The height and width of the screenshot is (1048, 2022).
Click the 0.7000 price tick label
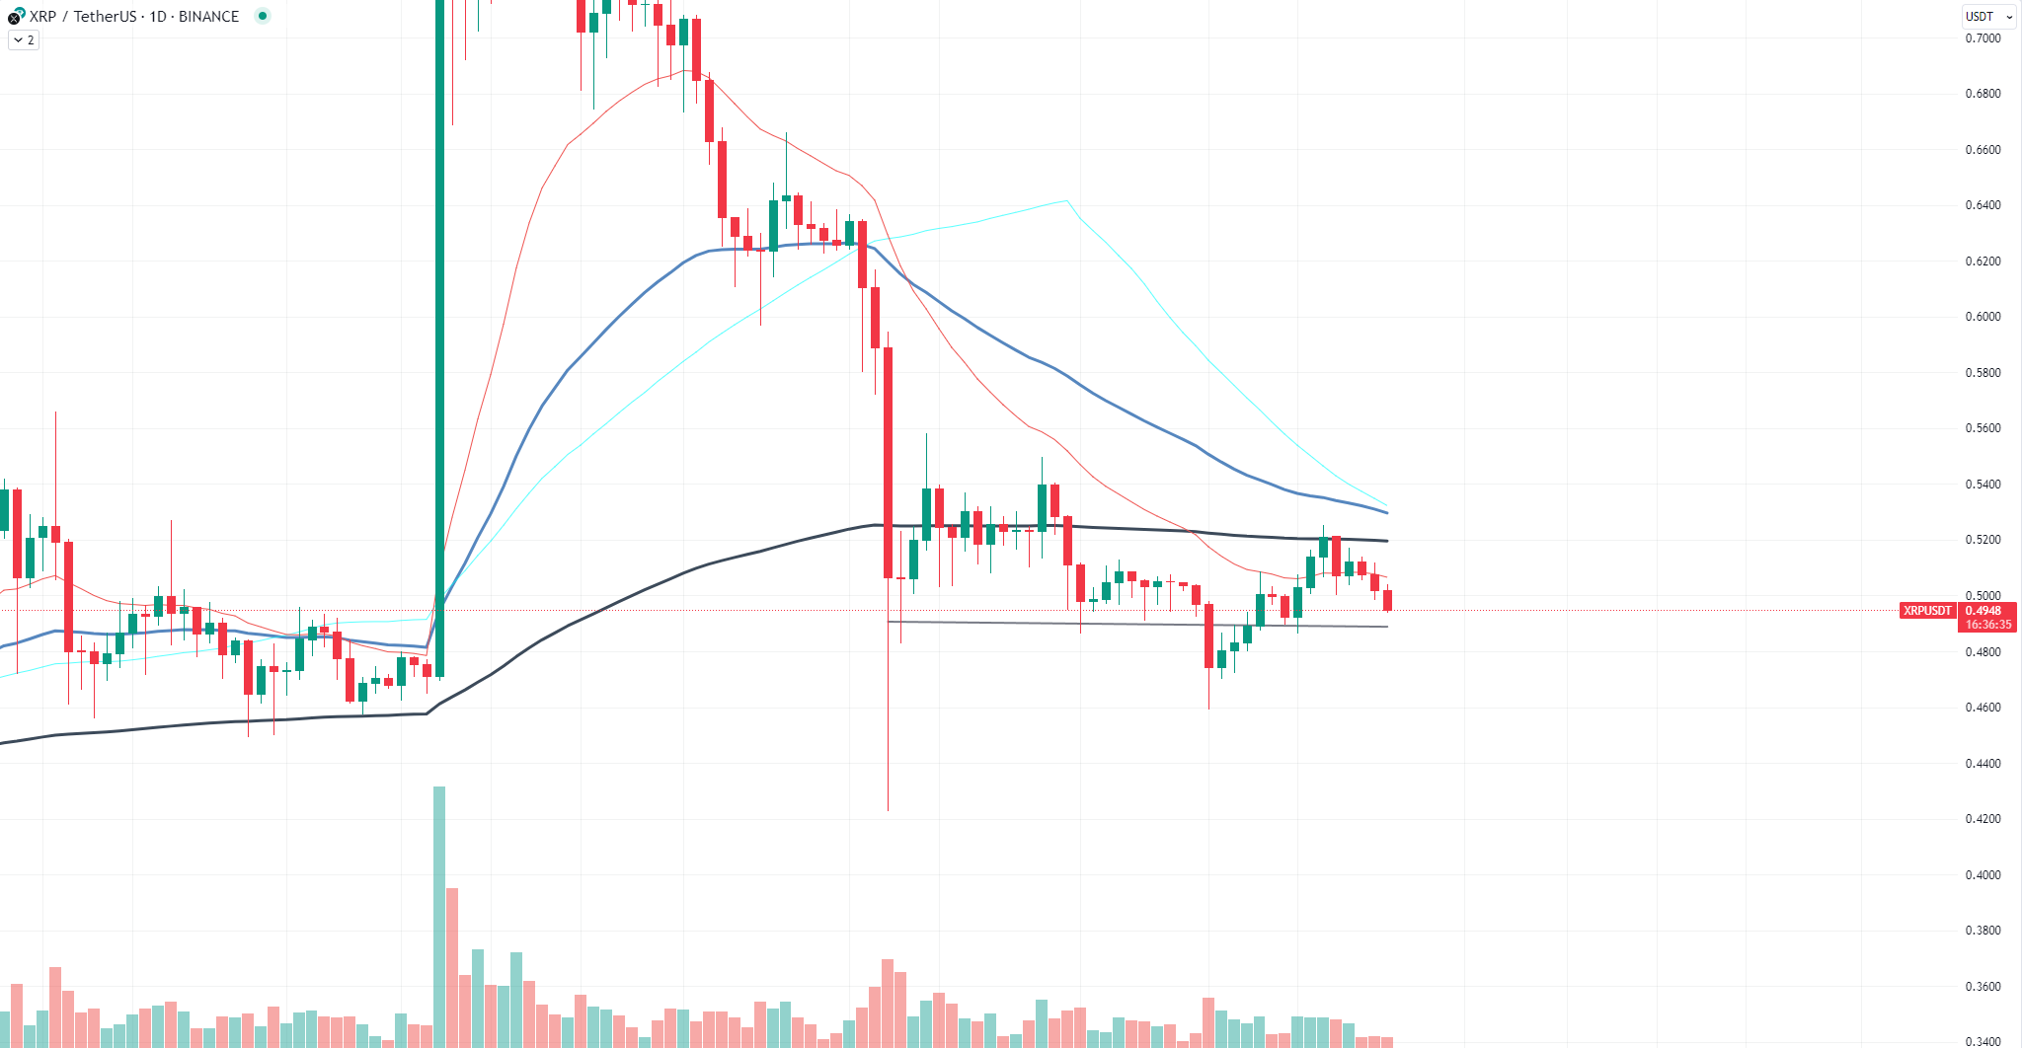[x=1983, y=38]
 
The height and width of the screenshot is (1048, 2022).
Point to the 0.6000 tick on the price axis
[x=1983, y=317]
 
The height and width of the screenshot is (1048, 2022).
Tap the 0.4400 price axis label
[x=1983, y=764]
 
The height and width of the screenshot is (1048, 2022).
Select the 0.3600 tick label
[x=1983, y=987]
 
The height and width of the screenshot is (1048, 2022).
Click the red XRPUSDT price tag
[x=1927, y=611]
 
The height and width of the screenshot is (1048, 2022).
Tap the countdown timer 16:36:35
[x=1987, y=625]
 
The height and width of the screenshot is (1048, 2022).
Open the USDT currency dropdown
[x=1988, y=16]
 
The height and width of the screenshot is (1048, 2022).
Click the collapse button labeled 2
[x=24, y=40]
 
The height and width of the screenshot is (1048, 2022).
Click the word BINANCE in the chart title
[x=208, y=16]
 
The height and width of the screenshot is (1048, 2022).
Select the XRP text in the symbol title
[x=42, y=16]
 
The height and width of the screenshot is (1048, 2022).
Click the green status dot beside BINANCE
[x=263, y=16]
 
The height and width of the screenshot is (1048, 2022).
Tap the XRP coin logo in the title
[x=15, y=16]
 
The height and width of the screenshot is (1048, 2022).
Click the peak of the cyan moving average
[x=1065, y=201]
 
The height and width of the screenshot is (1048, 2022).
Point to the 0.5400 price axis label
[x=1983, y=485]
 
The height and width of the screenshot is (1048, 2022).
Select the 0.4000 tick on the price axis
[x=1983, y=875]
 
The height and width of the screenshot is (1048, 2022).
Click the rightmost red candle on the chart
[x=1387, y=600]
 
